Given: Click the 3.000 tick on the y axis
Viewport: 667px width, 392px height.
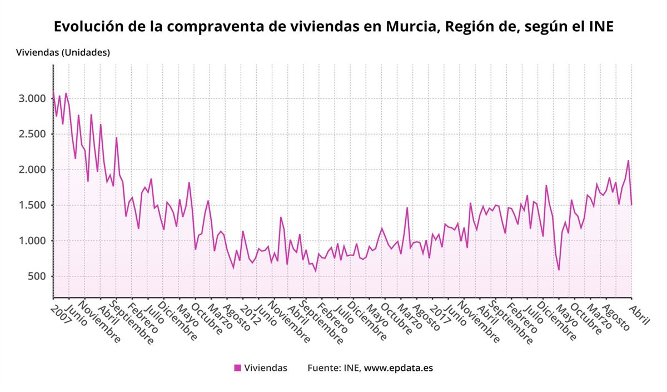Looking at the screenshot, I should click(31, 99).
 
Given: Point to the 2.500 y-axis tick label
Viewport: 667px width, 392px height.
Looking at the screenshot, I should click(31, 135).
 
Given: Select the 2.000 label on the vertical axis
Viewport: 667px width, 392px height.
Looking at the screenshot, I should click(31, 170).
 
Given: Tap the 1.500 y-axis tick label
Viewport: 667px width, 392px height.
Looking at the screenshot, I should click(31, 206).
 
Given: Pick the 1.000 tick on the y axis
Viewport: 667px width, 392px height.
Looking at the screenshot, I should click(31, 241).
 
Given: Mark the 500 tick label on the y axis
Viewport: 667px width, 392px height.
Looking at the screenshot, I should click(35, 277).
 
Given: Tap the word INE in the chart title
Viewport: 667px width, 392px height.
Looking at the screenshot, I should click(600, 27).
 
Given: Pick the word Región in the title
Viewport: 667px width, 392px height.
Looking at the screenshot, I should click(469, 27).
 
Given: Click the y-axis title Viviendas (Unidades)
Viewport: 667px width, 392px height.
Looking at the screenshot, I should click(63, 53).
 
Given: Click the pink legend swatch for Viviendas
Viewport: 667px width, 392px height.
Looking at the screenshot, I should click(237, 368).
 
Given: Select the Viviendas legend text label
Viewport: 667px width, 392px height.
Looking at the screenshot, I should click(266, 368).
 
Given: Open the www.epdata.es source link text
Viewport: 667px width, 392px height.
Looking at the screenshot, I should click(398, 368).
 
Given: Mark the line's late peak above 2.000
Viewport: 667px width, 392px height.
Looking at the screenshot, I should click(628, 161).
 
